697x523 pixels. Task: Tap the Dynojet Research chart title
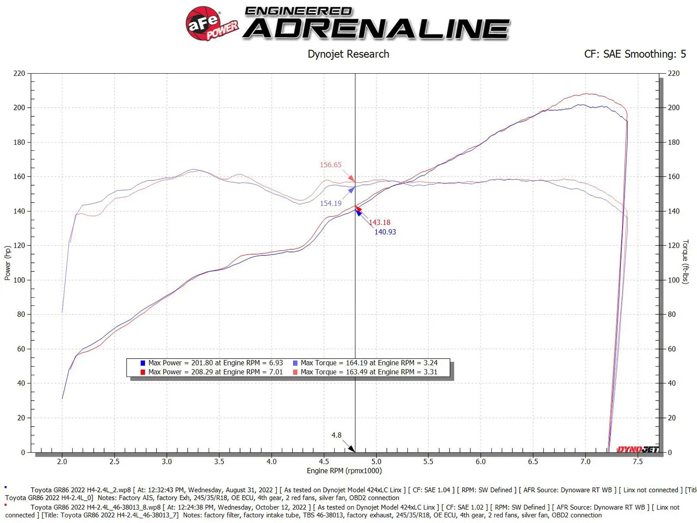pyautogui.click(x=348, y=54)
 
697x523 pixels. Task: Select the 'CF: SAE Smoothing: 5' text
pyautogui.click(x=635, y=54)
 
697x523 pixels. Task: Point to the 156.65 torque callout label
pyautogui.click(x=331, y=165)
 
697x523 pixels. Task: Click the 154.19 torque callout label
pyautogui.click(x=331, y=203)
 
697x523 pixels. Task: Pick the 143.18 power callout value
pyautogui.click(x=379, y=222)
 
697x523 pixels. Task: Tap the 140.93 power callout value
pyautogui.click(x=385, y=232)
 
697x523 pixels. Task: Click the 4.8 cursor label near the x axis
pyautogui.click(x=336, y=435)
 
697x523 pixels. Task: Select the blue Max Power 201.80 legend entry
pyautogui.click(x=212, y=363)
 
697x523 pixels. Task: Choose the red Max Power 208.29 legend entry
pyautogui.click(x=212, y=372)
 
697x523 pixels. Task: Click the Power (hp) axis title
pyautogui.click(x=7, y=263)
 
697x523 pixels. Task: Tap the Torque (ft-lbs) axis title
pyautogui.click(x=685, y=261)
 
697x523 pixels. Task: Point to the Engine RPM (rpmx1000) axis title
pyautogui.click(x=344, y=471)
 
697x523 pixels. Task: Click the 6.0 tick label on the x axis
pyautogui.click(x=480, y=462)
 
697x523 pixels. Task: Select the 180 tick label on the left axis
pyautogui.click(x=19, y=142)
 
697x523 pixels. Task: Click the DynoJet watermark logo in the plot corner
pyautogui.click(x=637, y=449)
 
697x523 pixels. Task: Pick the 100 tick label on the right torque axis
pyautogui.click(x=673, y=280)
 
